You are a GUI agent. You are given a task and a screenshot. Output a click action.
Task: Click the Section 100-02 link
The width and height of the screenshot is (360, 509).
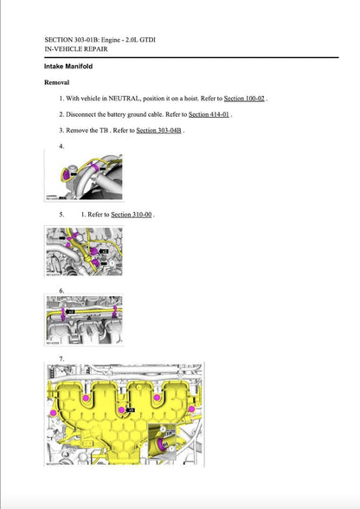[244, 99]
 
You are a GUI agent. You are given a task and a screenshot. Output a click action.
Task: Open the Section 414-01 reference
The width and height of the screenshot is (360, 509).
[209, 114]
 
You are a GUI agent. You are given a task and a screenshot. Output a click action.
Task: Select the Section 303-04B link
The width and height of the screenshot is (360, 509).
[159, 130]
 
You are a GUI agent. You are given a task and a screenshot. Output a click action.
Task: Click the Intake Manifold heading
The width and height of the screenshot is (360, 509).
[68, 67]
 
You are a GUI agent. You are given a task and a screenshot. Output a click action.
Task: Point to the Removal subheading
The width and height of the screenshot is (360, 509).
[57, 82]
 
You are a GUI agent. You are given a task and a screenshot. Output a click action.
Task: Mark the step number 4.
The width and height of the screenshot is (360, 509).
[61, 146]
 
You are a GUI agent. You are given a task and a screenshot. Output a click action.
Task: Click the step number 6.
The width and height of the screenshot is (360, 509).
[61, 290]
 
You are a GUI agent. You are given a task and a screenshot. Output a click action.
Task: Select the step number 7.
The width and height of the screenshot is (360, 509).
[61, 358]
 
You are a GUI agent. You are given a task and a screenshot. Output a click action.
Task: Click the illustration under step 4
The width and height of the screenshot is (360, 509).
[83, 177]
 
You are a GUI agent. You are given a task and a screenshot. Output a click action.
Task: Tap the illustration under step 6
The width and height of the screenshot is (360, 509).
[83, 320]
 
